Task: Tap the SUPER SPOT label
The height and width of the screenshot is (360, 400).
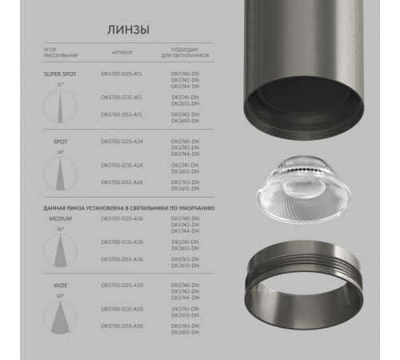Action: click(x=58, y=74)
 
